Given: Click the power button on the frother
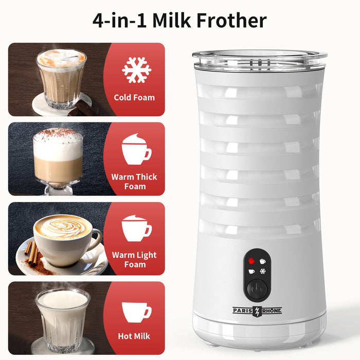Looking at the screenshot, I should (256, 288).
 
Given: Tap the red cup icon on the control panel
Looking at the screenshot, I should (251, 261).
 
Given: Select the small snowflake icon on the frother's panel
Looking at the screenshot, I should (262, 272).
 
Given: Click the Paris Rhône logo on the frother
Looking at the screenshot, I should (257, 311).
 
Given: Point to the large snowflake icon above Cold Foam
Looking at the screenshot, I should (137, 70).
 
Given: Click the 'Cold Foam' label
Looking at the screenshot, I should (134, 97).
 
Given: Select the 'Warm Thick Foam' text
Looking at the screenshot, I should (134, 182).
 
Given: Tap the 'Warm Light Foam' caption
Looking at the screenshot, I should (134, 260).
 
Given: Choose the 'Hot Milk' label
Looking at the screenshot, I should (134, 336).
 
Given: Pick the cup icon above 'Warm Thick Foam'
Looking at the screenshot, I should (136, 149).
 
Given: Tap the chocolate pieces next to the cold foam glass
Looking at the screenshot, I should (82, 108).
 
